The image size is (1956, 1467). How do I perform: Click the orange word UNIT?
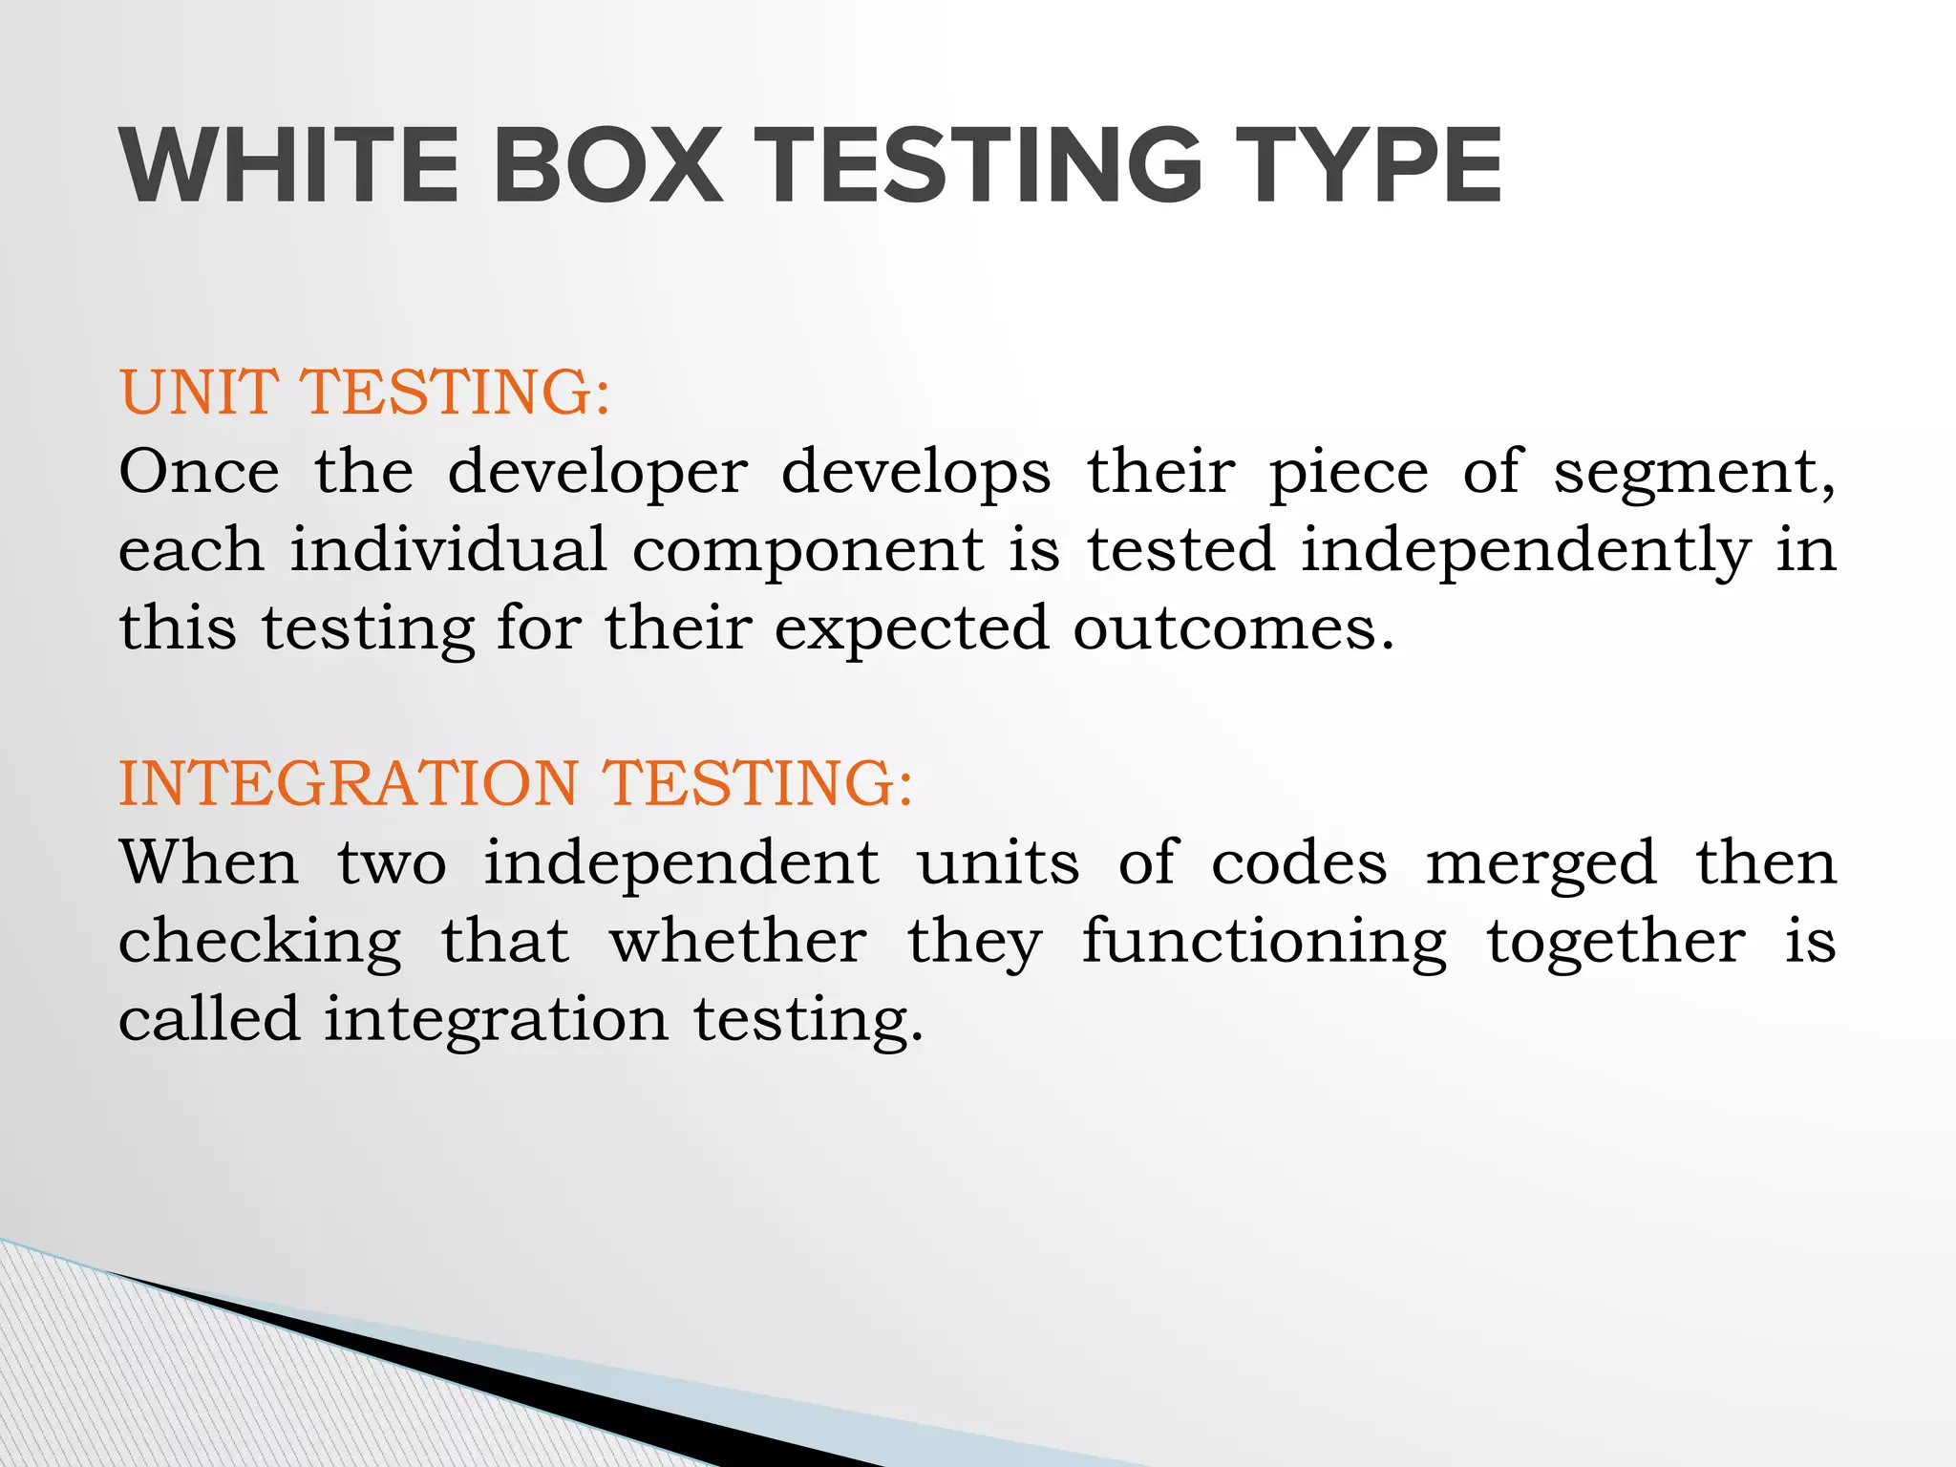pyautogui.click(x=199, y=393)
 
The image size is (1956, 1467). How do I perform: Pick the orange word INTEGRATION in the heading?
pyautogui.click(x=348, y=783)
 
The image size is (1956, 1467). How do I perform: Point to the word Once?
pyautogui.click(x=199, y=472)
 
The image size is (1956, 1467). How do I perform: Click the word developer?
pyautogui.click(x=598, y=474)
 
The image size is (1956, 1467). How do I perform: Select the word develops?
pyautogui.click(x=916, y=474)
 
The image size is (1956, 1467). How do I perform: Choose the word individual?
pyautogui.click(x=448, y=550)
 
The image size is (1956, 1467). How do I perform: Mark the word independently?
pyautogui.click(x=1525, y=552)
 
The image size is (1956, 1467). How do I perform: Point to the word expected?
pyautogui.click(x=911, y=630)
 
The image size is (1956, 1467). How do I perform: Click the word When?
pyautogui.click(x=209, y=862)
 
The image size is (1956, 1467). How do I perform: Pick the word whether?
pyautogui.click(x=738, y=941)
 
